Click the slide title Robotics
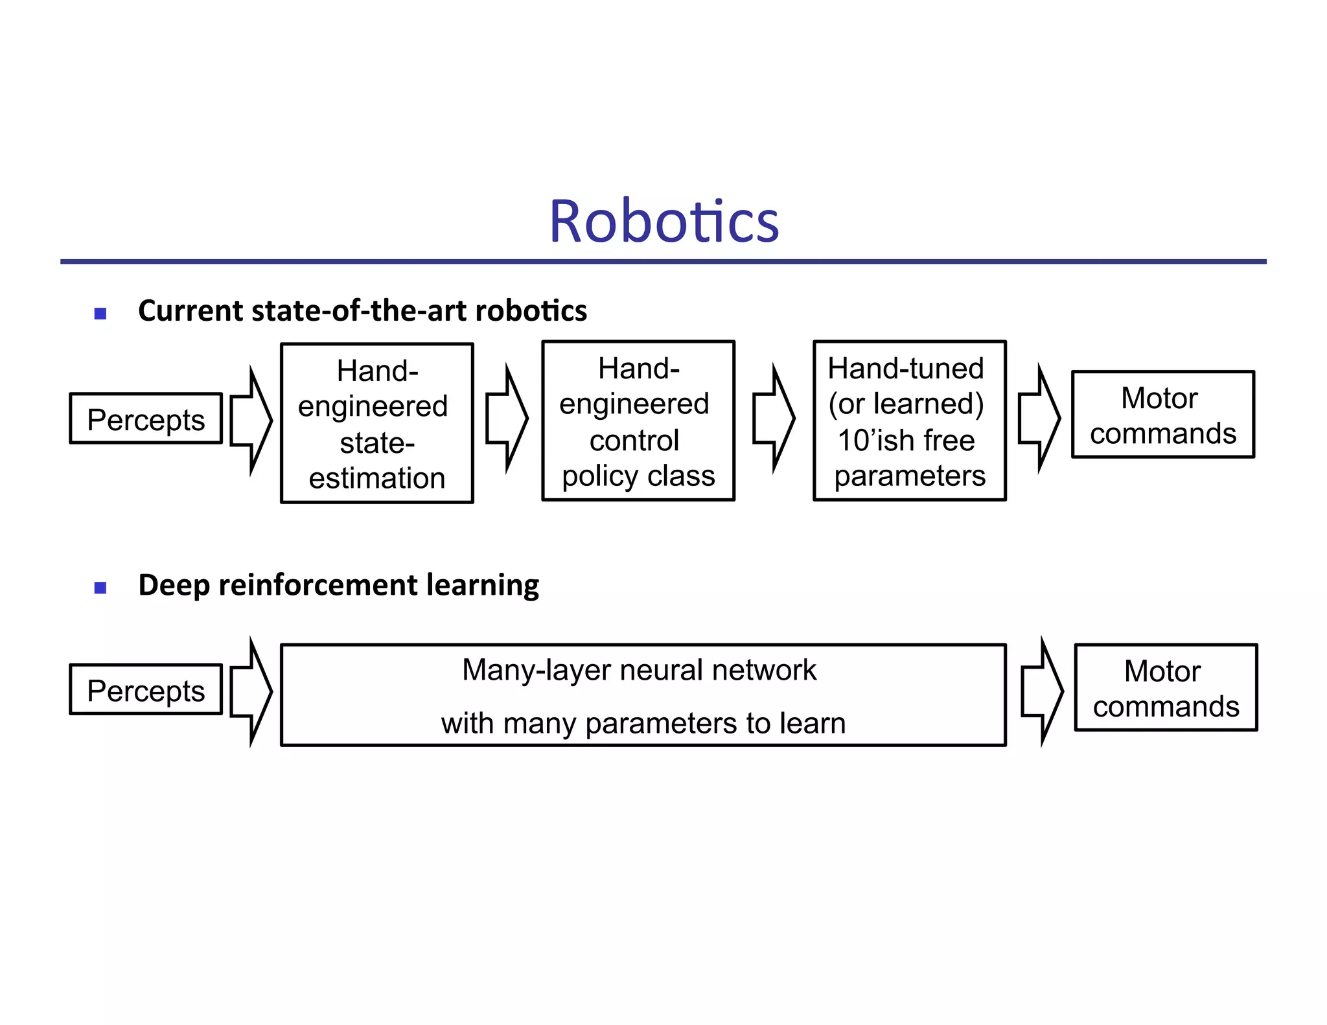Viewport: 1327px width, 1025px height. [663, 222]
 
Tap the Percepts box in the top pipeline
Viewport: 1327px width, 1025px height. [146, 419]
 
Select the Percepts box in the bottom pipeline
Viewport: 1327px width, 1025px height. [146, 690]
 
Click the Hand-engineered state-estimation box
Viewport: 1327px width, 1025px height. [377, 423]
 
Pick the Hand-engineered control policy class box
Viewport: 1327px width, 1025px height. [638, 421]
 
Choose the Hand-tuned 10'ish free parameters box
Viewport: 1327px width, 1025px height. [909, 421]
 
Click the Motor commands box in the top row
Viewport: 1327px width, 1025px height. [1163, 415]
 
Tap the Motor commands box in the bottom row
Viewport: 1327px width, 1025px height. [1166, 687]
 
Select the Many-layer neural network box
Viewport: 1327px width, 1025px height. [643, 695]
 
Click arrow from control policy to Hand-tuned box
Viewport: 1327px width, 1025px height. [774, 419]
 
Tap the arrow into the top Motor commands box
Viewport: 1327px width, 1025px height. [1039, 419]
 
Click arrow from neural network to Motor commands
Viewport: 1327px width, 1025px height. [1042, 692]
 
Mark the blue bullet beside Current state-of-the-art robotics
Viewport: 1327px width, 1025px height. [100, 314]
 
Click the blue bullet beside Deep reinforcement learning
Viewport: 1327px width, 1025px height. [100, 588]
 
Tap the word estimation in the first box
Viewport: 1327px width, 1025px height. [377, 478]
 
